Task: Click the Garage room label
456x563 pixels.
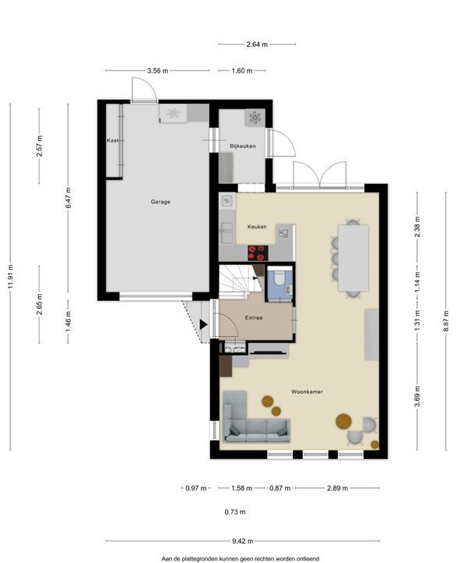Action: coord(160,202)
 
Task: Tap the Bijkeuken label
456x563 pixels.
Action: coord(243,146)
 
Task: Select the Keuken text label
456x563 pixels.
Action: coord(257,227)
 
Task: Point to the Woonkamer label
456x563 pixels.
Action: coord(307,392)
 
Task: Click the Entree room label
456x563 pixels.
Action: coord(254,317)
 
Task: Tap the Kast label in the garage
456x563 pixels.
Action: coord(112,141)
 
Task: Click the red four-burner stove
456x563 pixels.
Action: coord(258,253)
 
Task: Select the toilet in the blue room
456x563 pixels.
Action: coord(280,277)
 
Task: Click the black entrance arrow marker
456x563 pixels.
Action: coord(204,325)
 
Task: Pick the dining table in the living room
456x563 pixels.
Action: coord(354,258)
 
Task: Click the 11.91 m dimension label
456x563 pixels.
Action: coord(11,277)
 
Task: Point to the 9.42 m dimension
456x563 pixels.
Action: coord(243,541)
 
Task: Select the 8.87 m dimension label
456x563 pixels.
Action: coord(447,321)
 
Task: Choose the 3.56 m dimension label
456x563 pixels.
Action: coord(158,70)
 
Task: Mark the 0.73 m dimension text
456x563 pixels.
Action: coord(235,511)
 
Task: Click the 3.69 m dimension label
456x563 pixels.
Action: coord(417,396)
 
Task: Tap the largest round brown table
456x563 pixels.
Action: coord(344,421)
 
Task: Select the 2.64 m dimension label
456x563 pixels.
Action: coord(257,45)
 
